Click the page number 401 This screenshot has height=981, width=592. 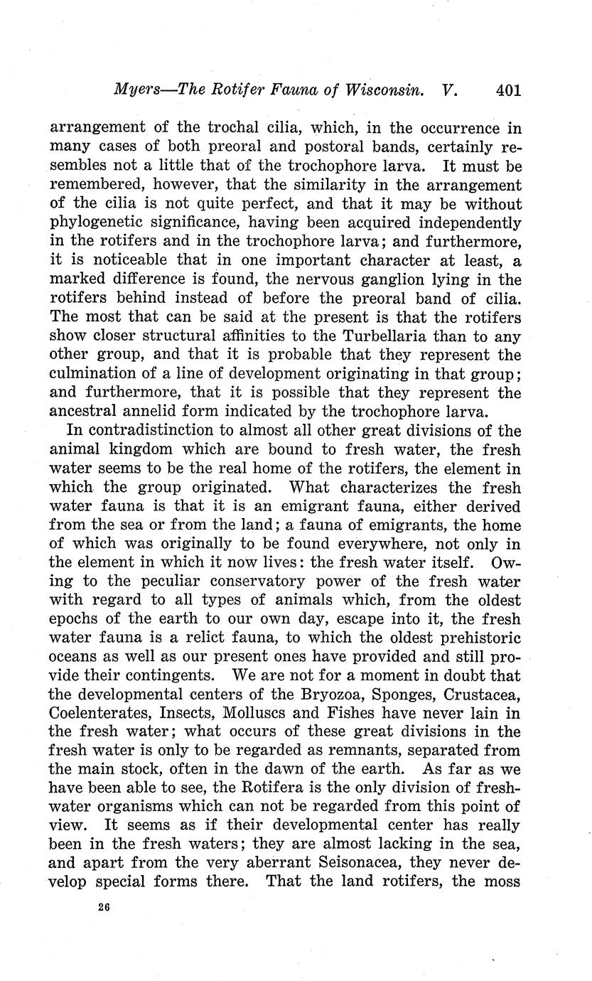coord(509,90)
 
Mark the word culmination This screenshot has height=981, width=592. coord(105,375)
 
